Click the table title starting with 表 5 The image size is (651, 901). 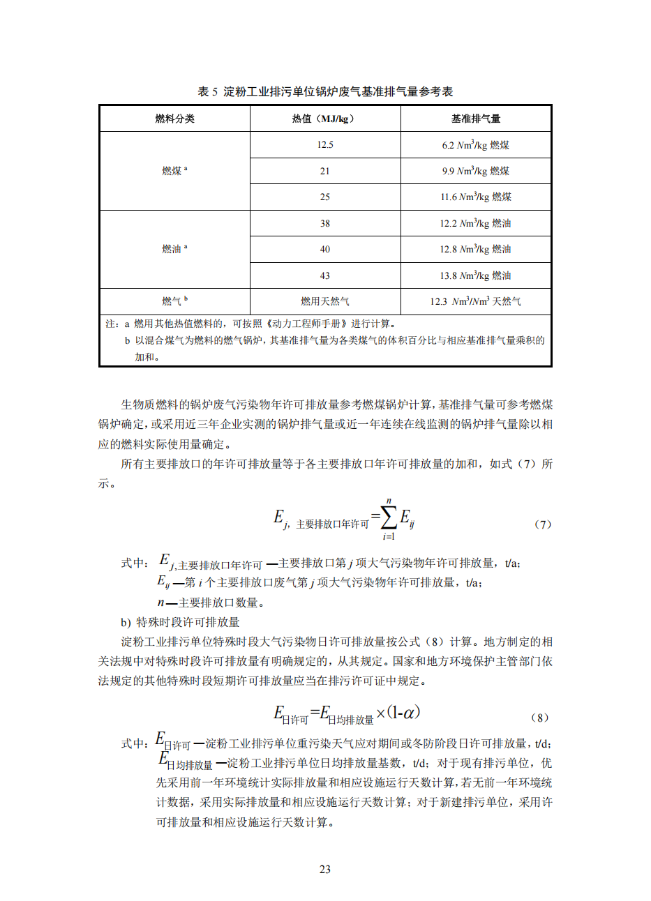point(325,91)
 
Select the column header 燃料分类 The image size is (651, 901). point(174,119)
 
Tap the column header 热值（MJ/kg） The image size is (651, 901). point(324,119)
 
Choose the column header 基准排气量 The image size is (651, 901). point(475,119)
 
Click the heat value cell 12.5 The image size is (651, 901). point(324,145)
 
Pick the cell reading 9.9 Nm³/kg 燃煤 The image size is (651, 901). point(475,171)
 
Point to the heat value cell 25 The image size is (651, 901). point(324,197)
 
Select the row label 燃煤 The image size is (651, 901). point(174,171)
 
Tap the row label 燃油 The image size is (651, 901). point(174,249)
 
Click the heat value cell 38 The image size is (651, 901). point(324,223)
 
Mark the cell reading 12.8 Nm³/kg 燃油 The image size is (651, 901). point(475,249)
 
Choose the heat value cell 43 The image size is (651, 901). point(324,275)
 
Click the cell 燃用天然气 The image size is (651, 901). point(324,301)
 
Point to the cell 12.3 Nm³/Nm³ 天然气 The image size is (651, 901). point(475,301)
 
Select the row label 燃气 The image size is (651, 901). point(174,301)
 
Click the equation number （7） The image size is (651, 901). point(542,524)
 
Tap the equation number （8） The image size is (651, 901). point(539,717)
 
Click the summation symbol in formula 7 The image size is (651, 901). point(388,517)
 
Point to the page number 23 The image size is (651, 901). point(325,869)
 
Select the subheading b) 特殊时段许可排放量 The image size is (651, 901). point(180,622)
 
